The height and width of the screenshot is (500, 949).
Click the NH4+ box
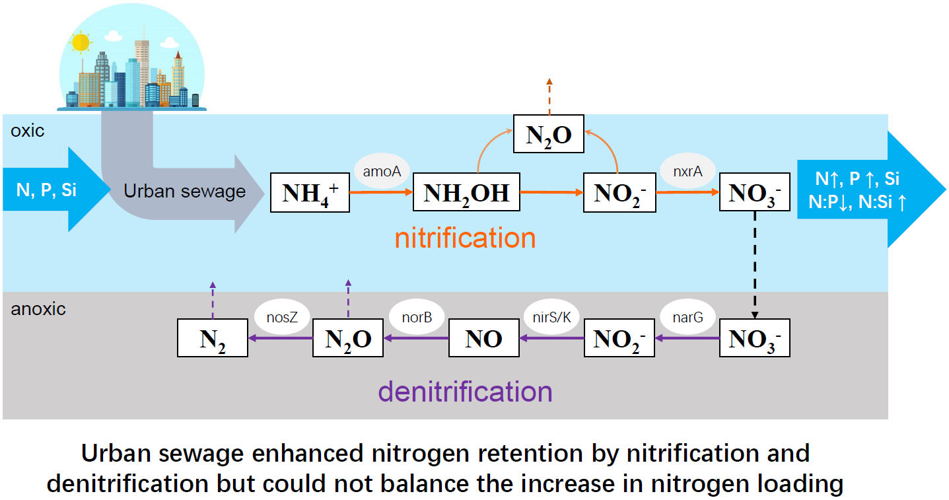coord(310,193)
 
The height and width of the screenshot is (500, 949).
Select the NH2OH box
coord(466,193)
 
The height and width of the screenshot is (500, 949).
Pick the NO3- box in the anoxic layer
coord(754,338)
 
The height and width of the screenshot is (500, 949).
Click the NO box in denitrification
coord(484,338)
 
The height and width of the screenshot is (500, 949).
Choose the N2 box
coord(213,338)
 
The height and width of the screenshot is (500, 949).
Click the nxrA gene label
coord(688,171)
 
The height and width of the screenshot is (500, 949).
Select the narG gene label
coord(687,317)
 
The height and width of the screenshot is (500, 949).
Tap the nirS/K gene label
coord(551,317)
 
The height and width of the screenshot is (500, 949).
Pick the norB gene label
coord(417,317)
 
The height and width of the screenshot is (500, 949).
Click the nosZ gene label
coord(282,317)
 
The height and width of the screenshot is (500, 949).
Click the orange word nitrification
coord(465,238)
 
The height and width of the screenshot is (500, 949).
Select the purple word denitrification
coord(465,391)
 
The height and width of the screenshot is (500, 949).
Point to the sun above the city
coord(81,42)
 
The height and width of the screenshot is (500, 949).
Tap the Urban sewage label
coord(185,192)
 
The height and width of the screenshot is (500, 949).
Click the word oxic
coord(28,131)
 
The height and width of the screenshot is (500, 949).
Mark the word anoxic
coord(38,308)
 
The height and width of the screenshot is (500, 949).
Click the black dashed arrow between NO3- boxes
coord(754,264)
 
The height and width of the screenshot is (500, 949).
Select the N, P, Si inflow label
coord(46,190)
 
